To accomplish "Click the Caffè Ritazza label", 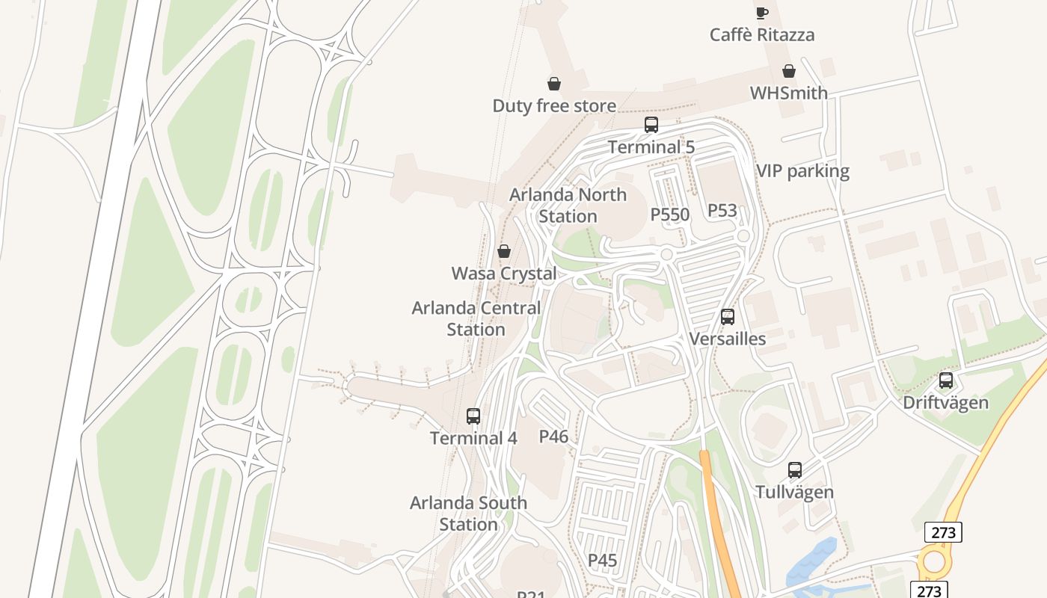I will [761, 34].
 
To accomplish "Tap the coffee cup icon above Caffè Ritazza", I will [761, 12].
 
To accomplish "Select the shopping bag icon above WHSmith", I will [788, 71].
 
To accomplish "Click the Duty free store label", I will [554, 105].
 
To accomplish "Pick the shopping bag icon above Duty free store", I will [554, 83].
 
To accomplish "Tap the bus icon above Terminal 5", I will [651, 125].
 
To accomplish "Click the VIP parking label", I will [802, 171].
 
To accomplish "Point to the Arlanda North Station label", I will [568, 205].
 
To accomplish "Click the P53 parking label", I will [722, 210].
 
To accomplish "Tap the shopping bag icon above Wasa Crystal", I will [504, 251].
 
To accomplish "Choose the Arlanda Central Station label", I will [476, 318].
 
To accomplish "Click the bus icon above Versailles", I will [728, 317].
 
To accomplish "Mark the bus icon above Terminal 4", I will [473, 416].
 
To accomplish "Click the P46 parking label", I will [553, 436].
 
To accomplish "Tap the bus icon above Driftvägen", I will [946, 380].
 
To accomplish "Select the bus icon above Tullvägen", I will [794, 470].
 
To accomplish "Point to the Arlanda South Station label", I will [468, 514].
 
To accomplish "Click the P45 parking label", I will [602, 560].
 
